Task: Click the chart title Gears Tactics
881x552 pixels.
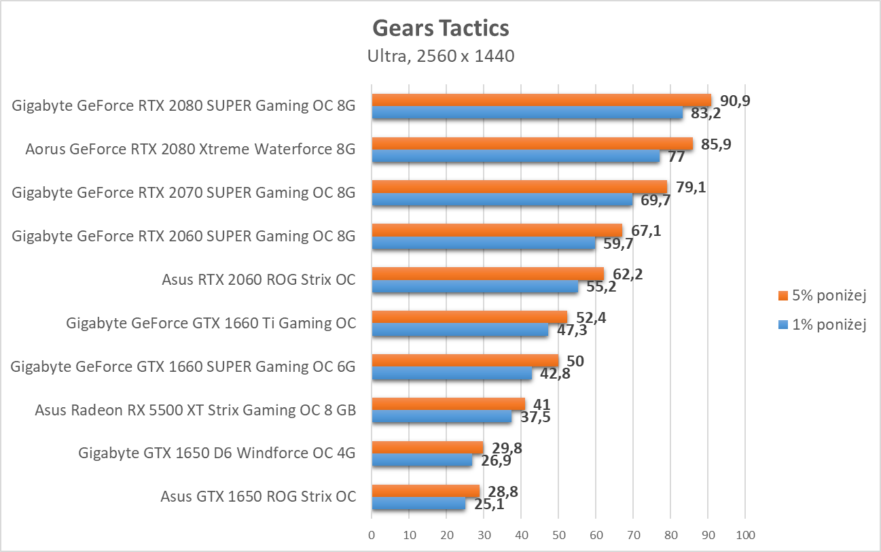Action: coord(440,29)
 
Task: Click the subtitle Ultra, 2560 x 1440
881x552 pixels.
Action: coord(440,56)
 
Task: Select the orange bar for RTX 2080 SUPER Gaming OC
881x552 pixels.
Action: coord(541,101)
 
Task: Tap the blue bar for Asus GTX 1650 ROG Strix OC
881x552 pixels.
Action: coord(418,504)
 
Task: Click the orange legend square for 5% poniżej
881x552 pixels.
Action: coord(782,296)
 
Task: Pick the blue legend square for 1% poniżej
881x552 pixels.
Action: coord(782,325)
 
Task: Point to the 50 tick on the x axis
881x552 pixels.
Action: coord(558,535)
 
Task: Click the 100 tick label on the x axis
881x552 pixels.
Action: coord(745,535)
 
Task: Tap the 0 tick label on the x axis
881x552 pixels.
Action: coord(372,535)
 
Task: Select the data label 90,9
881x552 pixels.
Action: coord(735,101)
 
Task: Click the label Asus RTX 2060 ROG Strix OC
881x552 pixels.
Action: coord(259,279)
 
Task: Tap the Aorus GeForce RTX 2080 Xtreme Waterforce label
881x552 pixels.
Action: coord(190,149)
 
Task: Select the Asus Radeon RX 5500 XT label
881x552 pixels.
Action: coord(195,410)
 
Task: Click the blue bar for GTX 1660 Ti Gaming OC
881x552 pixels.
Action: coord(460,330)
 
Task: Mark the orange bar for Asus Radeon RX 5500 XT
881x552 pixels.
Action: coord(448,404)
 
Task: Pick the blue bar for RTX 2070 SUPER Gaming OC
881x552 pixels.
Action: coord(502,199)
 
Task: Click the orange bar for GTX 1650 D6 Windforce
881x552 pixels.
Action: coord(427,448)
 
